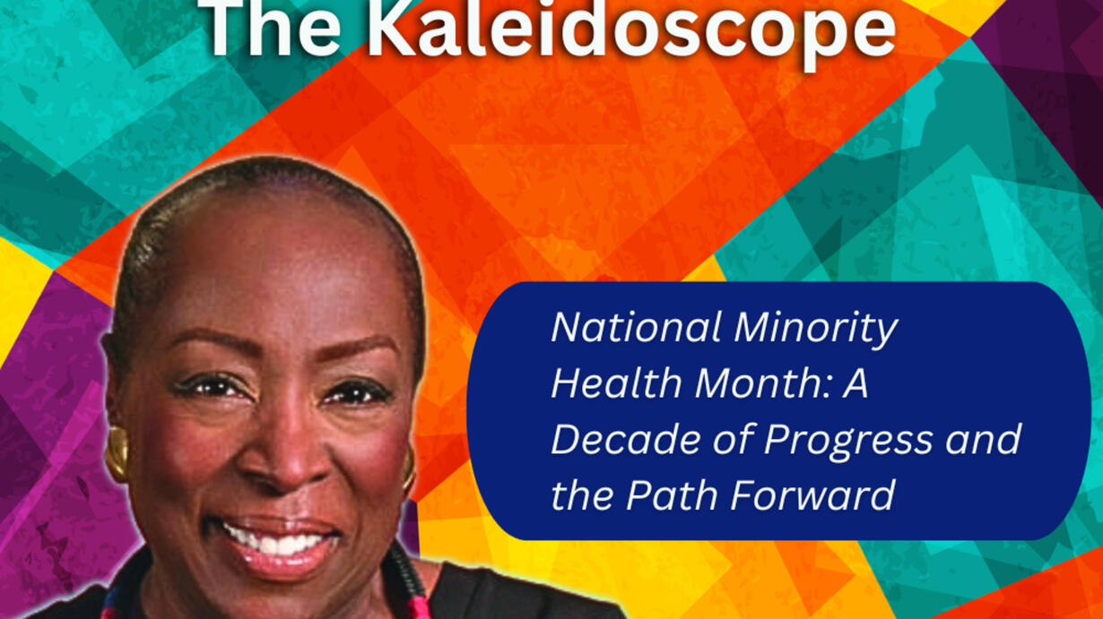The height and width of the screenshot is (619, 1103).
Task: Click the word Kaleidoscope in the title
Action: click(x=632, y=29)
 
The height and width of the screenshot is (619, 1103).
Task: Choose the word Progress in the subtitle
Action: click(x=848, y=442)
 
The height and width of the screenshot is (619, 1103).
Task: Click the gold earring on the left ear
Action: click(x=117, y=453)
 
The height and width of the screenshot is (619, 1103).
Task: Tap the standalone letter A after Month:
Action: click(x=855, y=383)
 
